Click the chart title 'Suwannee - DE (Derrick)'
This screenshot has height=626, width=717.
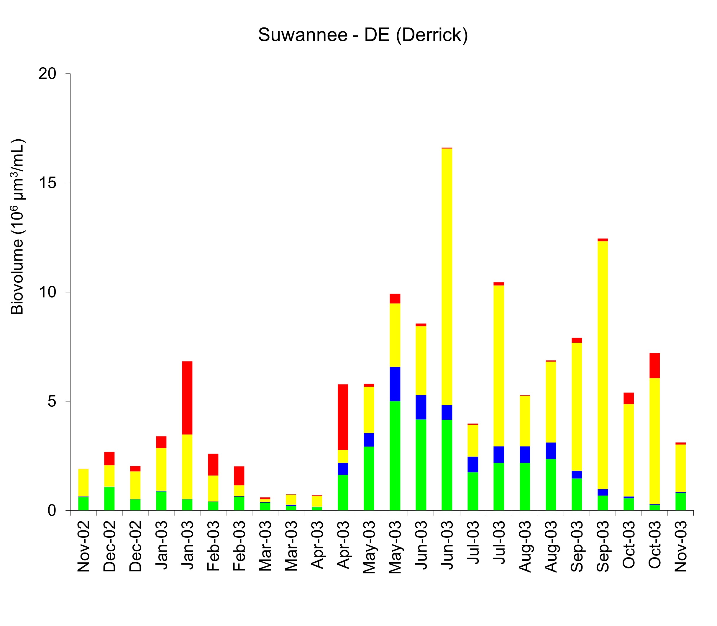coord(363,35)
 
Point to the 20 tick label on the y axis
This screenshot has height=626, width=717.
coord(47,74)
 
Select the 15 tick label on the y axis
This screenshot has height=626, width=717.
coord(47,183)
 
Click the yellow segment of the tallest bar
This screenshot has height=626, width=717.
coord(447,276)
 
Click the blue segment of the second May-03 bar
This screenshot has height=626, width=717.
coord(395,384)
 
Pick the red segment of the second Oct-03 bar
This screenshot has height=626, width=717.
coord(654,365)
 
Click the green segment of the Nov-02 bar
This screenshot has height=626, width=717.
coord(83,504)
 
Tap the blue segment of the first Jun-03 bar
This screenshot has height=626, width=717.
coord(421,407)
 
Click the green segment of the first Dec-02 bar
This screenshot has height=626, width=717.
coord(109,498)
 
